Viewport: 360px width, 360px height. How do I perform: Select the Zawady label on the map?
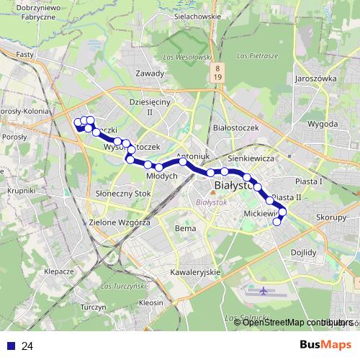pos(150,73)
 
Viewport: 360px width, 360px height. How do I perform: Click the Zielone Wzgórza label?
pos(120,223)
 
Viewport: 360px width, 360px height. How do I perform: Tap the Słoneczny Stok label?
pos(119,194)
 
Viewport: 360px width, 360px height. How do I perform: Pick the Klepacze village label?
pos(58,271)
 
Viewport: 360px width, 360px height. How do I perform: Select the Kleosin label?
pos(151,303)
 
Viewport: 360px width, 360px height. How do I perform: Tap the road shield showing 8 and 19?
pos(217,72)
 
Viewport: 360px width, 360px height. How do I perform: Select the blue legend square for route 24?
pos(11,346)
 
